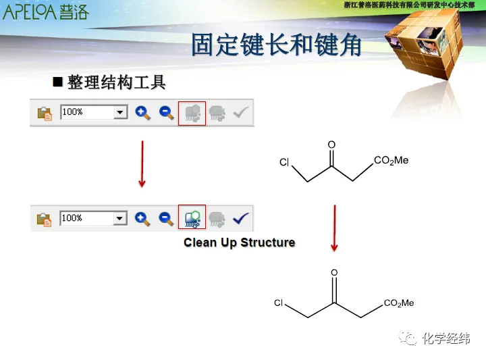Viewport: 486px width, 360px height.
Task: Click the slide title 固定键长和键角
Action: (276, 45)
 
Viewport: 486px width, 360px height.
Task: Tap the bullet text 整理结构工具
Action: (116, 83)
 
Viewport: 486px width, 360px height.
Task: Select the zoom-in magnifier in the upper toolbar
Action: (143, 113)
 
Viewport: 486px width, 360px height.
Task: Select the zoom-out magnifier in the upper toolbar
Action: (167, 113)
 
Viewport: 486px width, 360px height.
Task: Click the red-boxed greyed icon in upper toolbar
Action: (192, 113)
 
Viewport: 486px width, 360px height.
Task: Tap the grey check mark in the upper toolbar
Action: (240, 112)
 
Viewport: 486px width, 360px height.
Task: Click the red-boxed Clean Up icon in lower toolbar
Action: (192, 217)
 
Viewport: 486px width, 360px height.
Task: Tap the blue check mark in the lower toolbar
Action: (240, 218)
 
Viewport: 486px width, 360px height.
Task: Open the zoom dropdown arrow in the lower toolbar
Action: (121, 218)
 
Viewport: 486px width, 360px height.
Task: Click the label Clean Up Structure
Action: (239, 242)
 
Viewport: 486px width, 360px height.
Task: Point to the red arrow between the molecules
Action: (334, 228)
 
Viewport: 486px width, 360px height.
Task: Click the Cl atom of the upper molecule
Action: (284, 163)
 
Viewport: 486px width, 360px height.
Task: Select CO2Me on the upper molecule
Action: (391, 161)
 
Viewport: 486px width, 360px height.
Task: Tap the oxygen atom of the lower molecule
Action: (334, 273)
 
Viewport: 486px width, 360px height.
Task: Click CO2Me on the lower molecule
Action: (399, 303)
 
